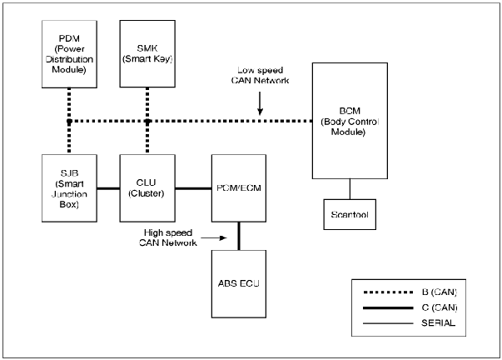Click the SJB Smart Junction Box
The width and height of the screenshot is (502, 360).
[x=69, y=187]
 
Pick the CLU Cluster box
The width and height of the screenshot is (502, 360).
[x=147, y=187]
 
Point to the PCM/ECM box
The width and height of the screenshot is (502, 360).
[x=238, y=187]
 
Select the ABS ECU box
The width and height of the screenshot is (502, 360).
[x=238, y=283]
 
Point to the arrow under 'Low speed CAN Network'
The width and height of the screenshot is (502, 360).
[x=261, y=105]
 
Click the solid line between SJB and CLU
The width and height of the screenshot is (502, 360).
[x=108, y=187]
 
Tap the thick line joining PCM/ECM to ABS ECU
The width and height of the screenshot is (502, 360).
[x=239, y=235]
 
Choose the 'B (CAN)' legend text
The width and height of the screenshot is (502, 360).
[x=437, y=292]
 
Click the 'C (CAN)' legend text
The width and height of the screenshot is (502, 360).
[x=437, y=307]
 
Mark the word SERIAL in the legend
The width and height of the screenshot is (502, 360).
[x=437, y=322]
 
